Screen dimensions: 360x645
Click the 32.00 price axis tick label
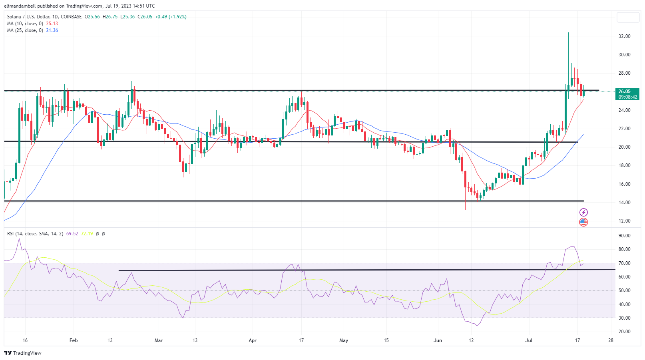[x=624, y=36]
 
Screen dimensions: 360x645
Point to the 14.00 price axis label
[x=624, y=203]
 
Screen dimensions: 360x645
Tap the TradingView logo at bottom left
[x=23, y=353]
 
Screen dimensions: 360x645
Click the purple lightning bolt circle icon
[x=583, y=212]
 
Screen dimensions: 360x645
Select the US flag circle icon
[x=583, y=222]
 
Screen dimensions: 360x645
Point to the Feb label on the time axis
[x=74, y=340]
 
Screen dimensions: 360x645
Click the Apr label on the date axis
[x=253, y=340]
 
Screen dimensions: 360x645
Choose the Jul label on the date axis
[x=529, y=340]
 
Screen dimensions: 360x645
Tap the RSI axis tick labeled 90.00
[x=624, y=236]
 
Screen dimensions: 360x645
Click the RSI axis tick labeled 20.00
[x=624, y=332]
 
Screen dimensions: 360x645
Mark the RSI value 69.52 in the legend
[x=72, y=234]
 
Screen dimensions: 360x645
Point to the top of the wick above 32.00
[x=568, y=33]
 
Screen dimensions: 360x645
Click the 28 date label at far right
[x=611, y=340]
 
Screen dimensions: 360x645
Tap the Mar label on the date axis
[x=159, y=340]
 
